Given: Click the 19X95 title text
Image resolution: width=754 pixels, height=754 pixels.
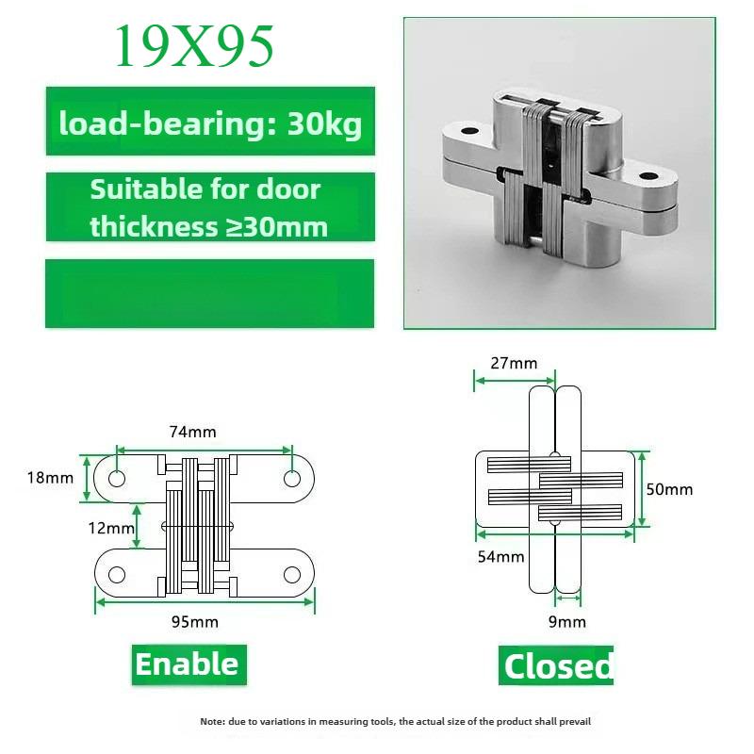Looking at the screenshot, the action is (194, 45).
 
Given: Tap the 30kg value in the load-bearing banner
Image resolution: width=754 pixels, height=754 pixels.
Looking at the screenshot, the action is (324, 124).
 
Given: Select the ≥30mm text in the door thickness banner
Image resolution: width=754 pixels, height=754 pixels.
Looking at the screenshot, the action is (270, 226).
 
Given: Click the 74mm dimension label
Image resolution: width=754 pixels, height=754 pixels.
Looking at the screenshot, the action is (193, 432).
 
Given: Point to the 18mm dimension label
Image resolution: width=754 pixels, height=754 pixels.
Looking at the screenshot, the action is (51, 478).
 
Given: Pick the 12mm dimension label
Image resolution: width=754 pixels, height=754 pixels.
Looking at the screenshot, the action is (111, 528).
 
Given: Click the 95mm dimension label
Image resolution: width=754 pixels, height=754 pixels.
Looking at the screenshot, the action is (195, 622).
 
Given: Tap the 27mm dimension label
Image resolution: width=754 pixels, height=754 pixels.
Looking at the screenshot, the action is (514, 363).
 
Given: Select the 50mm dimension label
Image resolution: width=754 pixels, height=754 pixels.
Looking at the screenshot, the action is (669, 489).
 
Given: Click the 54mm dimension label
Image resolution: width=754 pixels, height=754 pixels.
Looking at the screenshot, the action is (500, 557).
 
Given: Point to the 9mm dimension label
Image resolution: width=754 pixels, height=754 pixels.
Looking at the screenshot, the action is (567, 622).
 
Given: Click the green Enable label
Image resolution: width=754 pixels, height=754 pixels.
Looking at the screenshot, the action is (189, 664).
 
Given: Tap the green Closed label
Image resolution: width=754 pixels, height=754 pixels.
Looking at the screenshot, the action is (556, 665).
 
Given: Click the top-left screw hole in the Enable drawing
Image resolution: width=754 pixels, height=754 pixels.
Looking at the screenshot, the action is (117, 479).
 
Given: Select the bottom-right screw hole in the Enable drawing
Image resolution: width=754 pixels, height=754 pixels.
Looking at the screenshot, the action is (292, 574).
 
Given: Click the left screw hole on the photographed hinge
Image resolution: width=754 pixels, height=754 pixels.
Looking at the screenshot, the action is (469, 131).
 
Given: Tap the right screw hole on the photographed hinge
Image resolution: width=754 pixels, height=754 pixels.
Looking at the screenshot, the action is (647, 177).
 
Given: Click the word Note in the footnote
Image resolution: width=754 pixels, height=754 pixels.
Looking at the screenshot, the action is (211, 721).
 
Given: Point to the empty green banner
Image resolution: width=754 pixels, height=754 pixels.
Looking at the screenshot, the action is (209, 293).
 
